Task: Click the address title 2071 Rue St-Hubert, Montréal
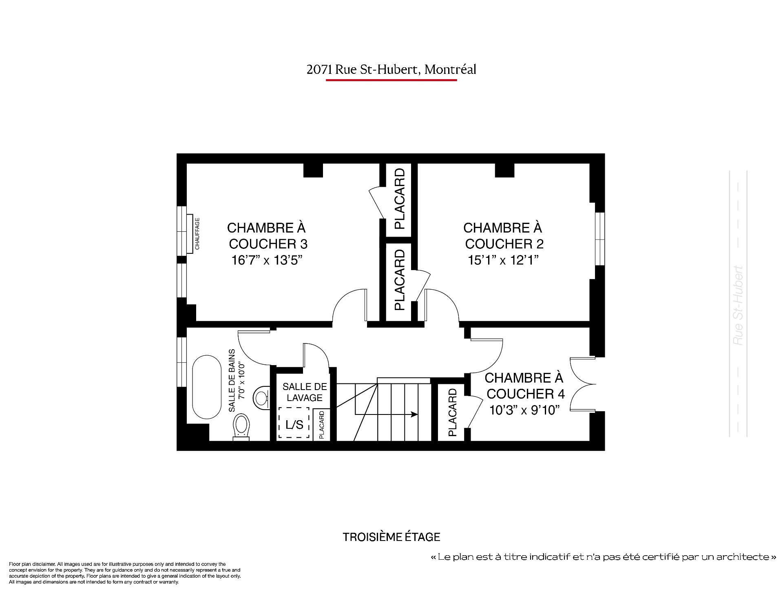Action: point(391,70)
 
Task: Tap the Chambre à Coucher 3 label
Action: point(268,236)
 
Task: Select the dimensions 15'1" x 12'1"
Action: point(504,260)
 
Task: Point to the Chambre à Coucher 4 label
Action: point(525,386)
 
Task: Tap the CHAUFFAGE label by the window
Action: point(197,234)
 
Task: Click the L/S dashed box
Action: point(294,423)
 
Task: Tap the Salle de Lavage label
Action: point(305,392)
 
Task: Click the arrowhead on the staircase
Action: point(414,414)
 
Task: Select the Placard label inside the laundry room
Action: point(321,425)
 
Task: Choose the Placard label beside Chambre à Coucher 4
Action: point(453,412)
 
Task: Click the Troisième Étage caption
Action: point(391,537)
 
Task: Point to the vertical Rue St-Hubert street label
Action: point(738,306)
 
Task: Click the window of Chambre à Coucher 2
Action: point(599,239)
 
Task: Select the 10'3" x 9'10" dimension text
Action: point(524,410)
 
